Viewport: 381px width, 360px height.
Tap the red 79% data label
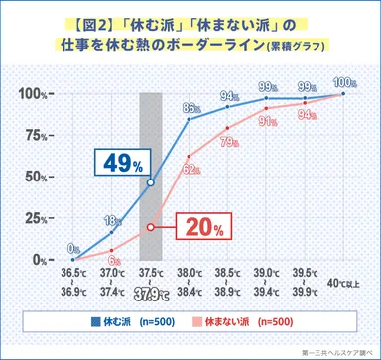pos(230,142)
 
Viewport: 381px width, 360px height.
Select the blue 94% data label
pos(230,96)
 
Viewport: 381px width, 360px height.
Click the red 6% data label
pos(113,260)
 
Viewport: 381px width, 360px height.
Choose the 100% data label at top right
pos(344,81)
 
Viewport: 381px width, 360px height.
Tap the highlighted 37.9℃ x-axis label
pos(151,293)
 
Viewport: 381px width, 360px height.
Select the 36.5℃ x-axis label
pos(72,274)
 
